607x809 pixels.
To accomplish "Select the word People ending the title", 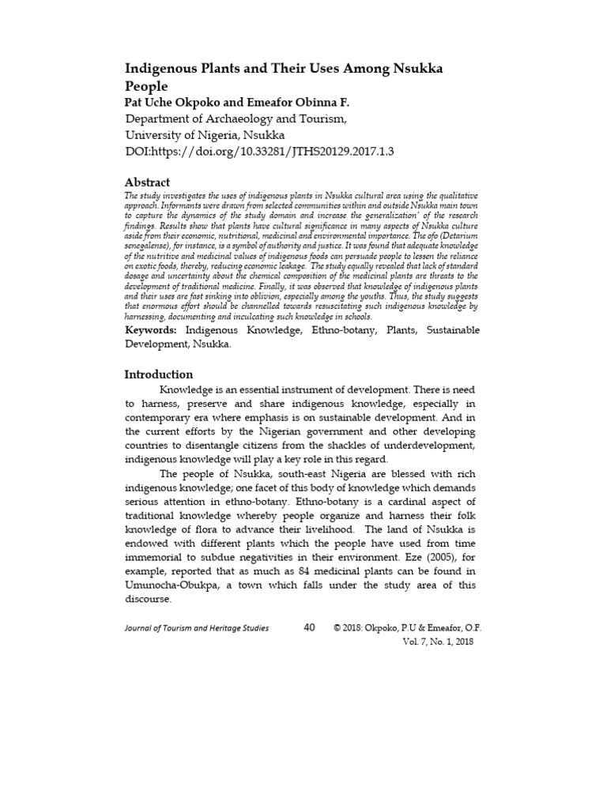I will (147, 86).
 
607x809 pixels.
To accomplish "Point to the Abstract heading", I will (147, 182).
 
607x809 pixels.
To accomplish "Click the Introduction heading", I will (159, 374).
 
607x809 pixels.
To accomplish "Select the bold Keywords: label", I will (153, 329).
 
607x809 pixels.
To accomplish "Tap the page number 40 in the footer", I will (309, 627).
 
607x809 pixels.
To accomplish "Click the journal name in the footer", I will (197, 628).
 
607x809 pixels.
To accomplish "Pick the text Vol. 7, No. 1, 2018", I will (437, 642).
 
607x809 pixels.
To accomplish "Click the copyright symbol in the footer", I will (337, 628).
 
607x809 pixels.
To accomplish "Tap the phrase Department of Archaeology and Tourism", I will (236, 119).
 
